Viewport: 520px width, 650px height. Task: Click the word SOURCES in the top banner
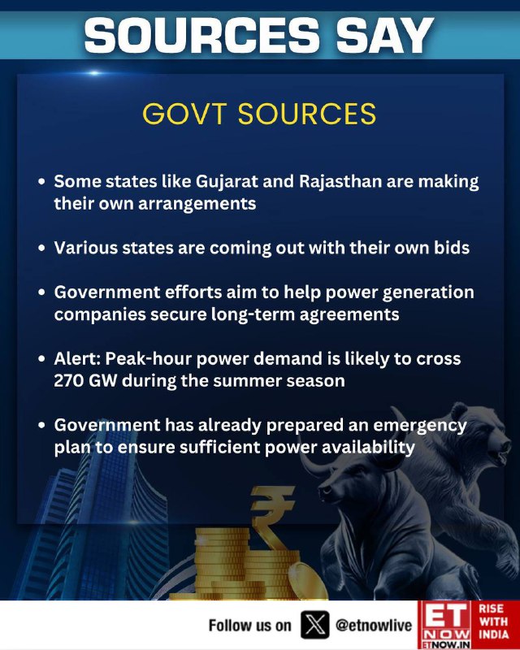pos(202,35)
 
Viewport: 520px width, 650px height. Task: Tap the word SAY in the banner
pos(384,35)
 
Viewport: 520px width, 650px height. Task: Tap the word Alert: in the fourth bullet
pos(77,358)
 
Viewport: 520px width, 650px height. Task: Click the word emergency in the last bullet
pos(419,426)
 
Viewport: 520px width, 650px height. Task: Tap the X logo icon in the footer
pos(314,625)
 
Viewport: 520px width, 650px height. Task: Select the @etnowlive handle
pos(373,625)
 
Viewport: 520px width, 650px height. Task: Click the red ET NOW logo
pos(444,625)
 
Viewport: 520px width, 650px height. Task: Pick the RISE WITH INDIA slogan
pos(494,621)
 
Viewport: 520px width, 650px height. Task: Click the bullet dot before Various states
pos(41,248)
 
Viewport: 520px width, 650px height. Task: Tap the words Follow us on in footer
pos(249,625)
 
